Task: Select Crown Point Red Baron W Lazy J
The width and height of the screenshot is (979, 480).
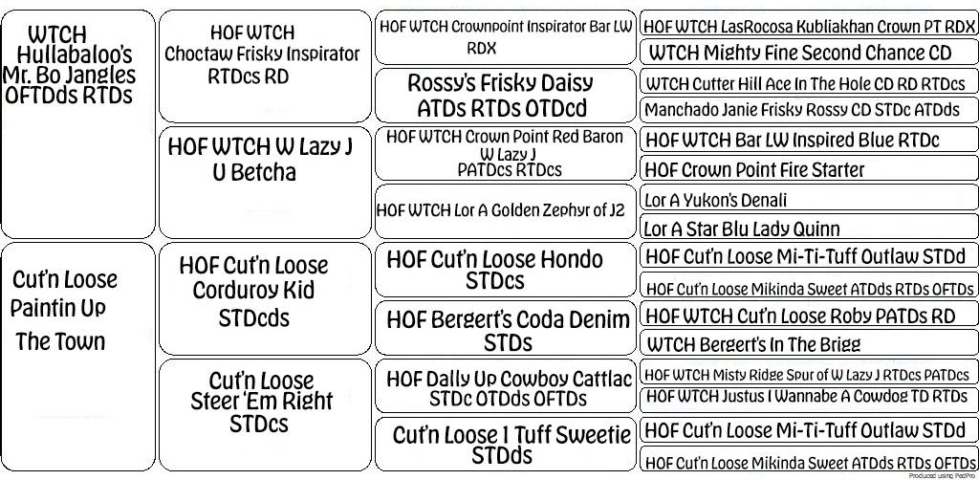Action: [x=505, y=153]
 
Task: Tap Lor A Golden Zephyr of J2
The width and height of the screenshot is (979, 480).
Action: [x=505, y=210]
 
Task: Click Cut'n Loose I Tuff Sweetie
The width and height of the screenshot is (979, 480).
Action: [x=504, y=444]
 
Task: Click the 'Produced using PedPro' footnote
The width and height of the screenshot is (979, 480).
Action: [x=942, y=475]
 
